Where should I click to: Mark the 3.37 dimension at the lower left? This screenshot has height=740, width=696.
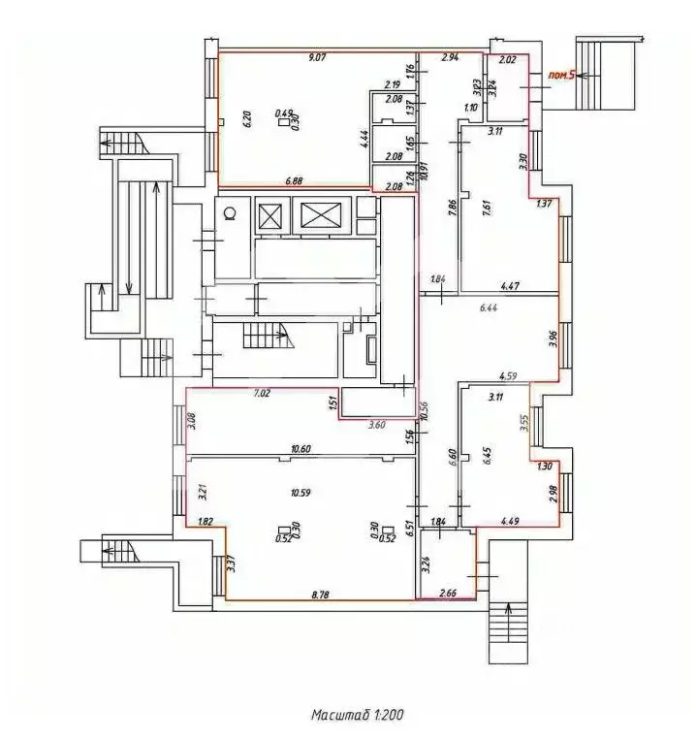pyautogui.click(x=231, y=563)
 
